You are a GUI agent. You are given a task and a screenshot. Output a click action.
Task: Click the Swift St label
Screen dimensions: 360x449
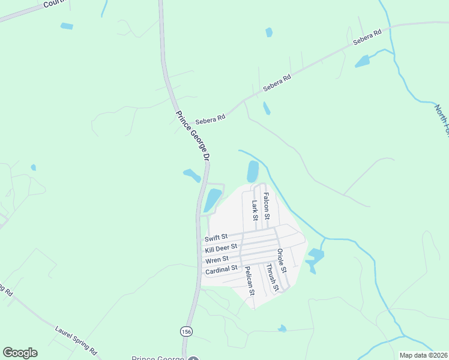click(x=216, y=238)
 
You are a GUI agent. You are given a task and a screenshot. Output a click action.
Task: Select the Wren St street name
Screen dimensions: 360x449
click(x=217, y=259)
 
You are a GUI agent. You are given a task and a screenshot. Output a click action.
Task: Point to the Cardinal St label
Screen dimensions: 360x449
click(x=221, y=271)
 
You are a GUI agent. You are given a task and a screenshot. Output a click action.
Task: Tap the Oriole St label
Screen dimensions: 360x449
click(x=282, y=262)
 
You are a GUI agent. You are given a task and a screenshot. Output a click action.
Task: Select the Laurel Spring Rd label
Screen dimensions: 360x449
click(x=77, y=340)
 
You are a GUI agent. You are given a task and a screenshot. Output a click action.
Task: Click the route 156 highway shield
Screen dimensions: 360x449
click(x=186, y=331)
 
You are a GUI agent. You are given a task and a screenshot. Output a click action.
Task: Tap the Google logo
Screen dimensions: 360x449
click(x=20, y=353)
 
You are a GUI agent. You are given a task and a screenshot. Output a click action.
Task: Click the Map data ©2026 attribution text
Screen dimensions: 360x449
click(x=423, y=355)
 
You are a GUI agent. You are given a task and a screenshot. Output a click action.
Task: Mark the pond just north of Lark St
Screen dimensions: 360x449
click(x=253, y=172)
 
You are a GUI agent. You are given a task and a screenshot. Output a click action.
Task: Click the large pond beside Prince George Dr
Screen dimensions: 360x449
click(x=212, y=200)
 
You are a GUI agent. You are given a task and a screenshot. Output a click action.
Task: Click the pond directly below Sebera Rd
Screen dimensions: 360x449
click(x=266, y=108)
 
